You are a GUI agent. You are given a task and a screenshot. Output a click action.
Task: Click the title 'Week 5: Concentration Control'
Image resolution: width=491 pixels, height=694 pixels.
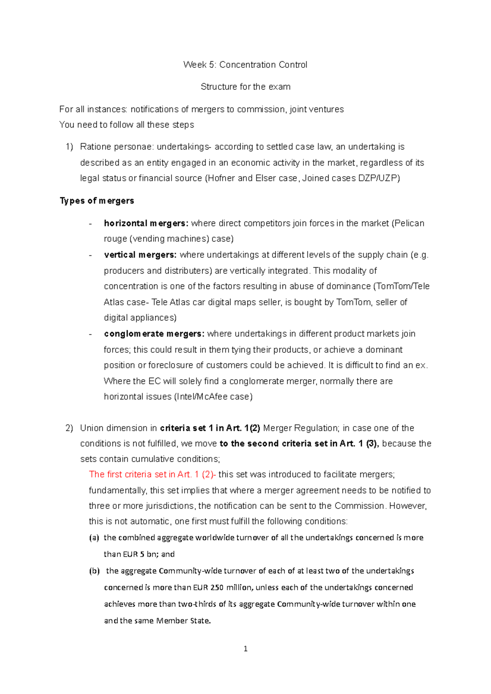[x=245, y=65]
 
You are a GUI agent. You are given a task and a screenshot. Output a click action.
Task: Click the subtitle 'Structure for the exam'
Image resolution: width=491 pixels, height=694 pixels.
[x=245, y=87]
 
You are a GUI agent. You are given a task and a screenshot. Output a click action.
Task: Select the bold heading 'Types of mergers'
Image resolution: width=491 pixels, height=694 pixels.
[x=97, y=201]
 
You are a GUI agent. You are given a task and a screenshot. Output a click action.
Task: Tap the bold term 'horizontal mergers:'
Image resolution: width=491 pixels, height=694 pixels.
[x=146, y=223]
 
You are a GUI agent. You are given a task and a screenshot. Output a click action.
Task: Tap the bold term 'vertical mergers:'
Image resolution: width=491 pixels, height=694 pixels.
[x=140, y=255]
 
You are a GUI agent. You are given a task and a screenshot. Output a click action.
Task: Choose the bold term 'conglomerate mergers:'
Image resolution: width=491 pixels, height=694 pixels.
[x=154, y=334]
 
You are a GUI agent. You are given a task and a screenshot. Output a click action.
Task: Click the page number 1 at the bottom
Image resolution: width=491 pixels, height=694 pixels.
[x=245, y=649]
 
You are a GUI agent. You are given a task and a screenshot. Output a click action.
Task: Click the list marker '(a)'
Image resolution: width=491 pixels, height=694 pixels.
[x=94, y=538]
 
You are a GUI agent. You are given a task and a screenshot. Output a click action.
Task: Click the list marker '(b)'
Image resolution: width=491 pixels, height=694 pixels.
[x=94, y=571]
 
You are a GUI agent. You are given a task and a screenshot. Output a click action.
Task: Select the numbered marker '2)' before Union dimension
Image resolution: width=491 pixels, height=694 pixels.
[x=69, y=428]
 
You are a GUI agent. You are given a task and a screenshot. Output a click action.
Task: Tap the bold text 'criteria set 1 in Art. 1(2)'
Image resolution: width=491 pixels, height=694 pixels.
[x=210, y=428]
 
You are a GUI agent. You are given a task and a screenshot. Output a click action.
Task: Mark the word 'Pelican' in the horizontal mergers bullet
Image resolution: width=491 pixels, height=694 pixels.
[x=410, y=223]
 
